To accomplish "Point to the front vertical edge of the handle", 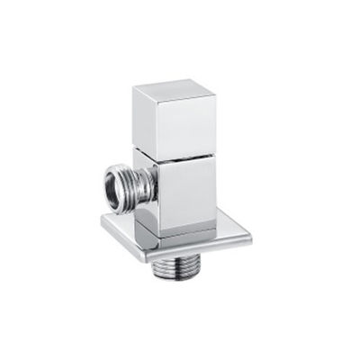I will (x=161, y=127).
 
